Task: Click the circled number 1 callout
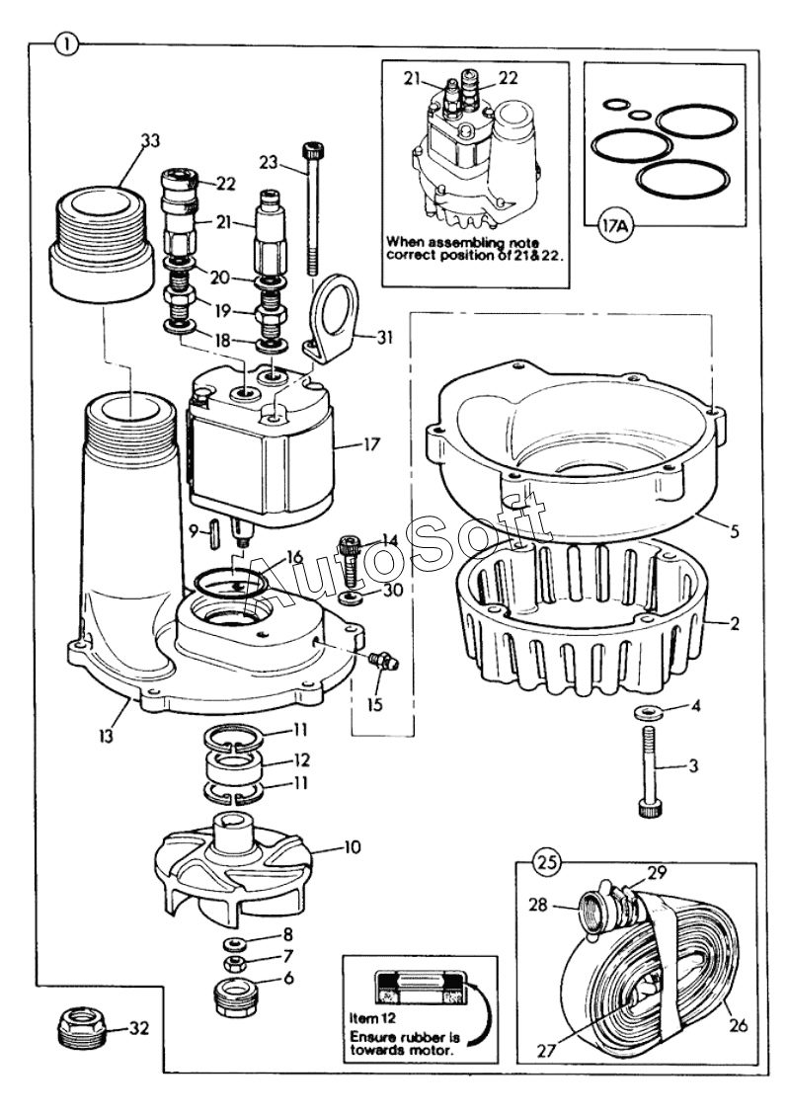[x=66, y=42]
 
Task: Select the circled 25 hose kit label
[x=547, y=861]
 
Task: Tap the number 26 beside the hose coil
[x=739, y=1024]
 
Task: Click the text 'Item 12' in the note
[x=371, y=1017]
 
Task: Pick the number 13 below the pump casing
[x=106, y=737]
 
